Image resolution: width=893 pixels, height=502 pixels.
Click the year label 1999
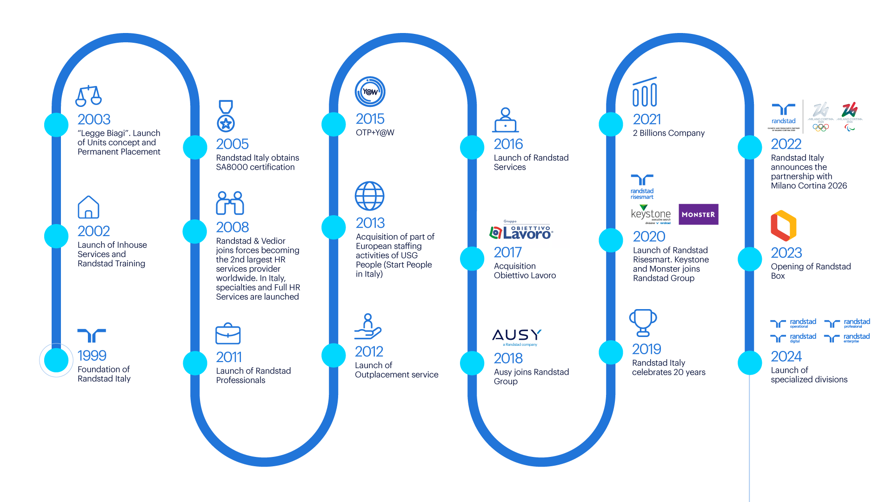coord(92,356)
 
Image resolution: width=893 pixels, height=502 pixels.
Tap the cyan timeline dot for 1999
coord(56,360)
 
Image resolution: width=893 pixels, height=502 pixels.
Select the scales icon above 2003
coord(88,96)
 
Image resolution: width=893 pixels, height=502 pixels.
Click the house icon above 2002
coord(88,207)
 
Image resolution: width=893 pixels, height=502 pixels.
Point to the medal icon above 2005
coord(226,116)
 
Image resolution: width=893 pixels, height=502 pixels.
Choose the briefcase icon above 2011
coord(228,334)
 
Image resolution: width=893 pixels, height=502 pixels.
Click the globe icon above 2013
coord(369,196)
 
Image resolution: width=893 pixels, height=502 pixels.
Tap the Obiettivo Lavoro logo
coord(523,230)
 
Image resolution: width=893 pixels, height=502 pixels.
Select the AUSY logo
coord(517,338)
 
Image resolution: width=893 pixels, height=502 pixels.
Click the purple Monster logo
coord(698,214)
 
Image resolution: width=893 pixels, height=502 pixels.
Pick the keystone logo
coord(651,214)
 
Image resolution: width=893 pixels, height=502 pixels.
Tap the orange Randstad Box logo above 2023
coord(783,226)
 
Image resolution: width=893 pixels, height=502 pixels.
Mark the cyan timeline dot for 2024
coord(750,363)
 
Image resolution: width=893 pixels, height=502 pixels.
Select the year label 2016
coord(508,144)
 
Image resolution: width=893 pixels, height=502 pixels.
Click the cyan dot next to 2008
coord(194,231)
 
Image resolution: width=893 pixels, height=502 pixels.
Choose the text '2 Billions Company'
coord(668,133)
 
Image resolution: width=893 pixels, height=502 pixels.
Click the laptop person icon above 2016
coord(506,120)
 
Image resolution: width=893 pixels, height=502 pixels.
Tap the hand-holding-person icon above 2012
coord(368,326)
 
